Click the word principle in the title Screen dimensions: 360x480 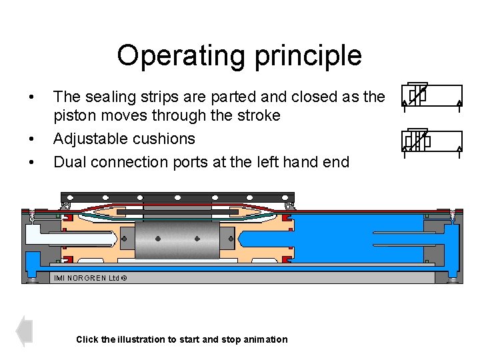tap(305, 56)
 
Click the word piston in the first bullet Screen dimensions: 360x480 tap(73, 116)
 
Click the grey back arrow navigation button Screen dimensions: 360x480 tap(25, 331)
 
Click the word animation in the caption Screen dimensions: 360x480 tap(265, 339)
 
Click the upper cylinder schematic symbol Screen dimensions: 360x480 tap(431, 95)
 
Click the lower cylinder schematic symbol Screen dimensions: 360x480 tap(431, 141)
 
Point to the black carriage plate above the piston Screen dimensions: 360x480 tap(177, 197)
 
